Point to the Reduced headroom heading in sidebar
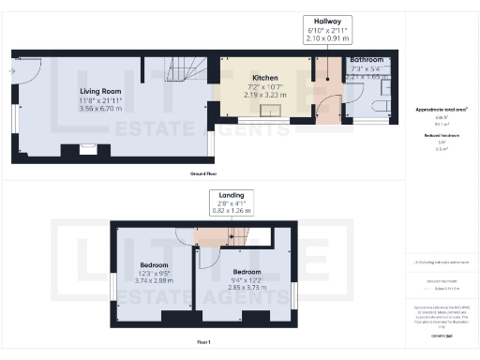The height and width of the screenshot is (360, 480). (x=441, y=136)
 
